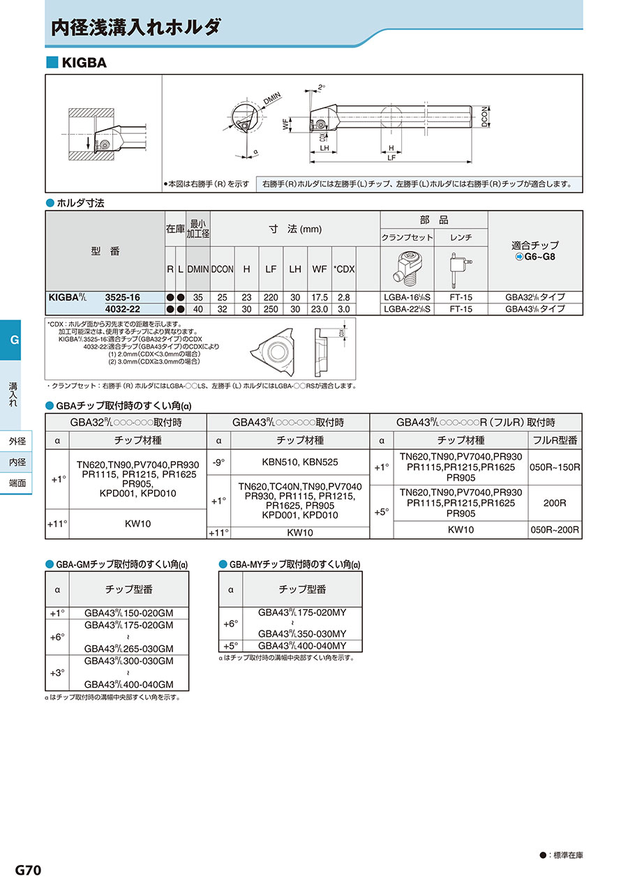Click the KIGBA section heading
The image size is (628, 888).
pos(84,63)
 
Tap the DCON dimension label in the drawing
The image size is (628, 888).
pos(484,116)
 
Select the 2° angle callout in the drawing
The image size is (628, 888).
pos(321,86)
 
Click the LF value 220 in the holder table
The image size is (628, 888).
pos(271,297)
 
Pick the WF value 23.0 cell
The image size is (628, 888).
pos(320,308)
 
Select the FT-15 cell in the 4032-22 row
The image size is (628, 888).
pos(461,308)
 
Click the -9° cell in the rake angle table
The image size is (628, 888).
pos(218,462)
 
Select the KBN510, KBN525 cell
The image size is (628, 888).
pos(300,462)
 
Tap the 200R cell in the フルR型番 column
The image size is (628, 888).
pos(555,502)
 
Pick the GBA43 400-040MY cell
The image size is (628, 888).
pos(302,645)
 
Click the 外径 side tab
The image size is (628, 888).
pos(17,441)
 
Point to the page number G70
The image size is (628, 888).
pos(29,870)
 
